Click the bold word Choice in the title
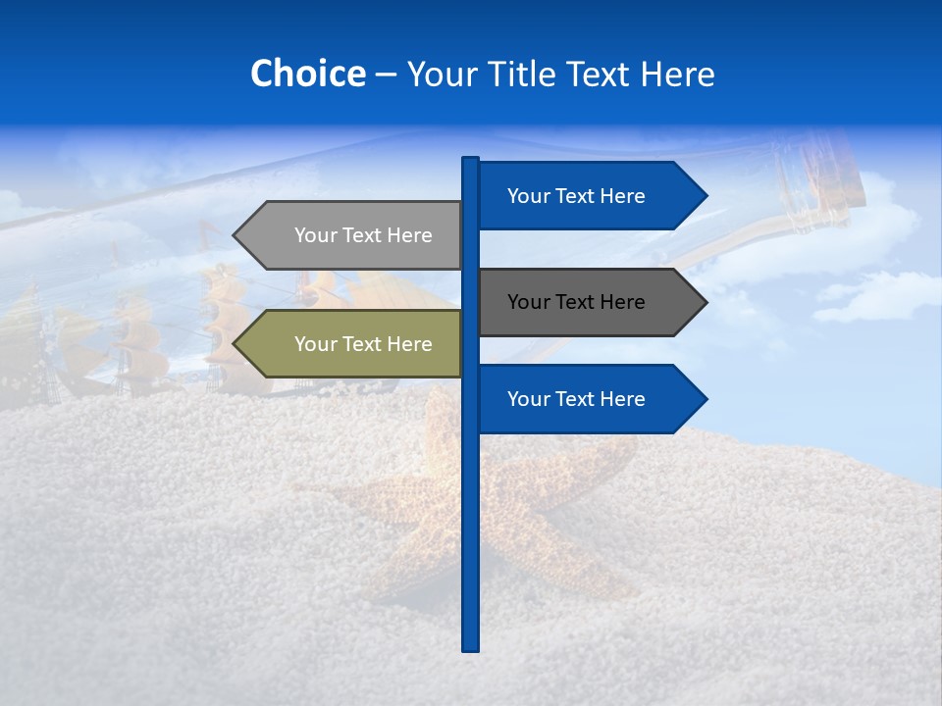[x=307, y=74]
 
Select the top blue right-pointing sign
[x=579, y=196]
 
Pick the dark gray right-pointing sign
[x=579, y=302]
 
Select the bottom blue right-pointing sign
[x=579, y=399]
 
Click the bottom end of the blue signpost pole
[x=470, y=646]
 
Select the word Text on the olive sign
[x=363, y=344]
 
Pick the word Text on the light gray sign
[x=363, y=235]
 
